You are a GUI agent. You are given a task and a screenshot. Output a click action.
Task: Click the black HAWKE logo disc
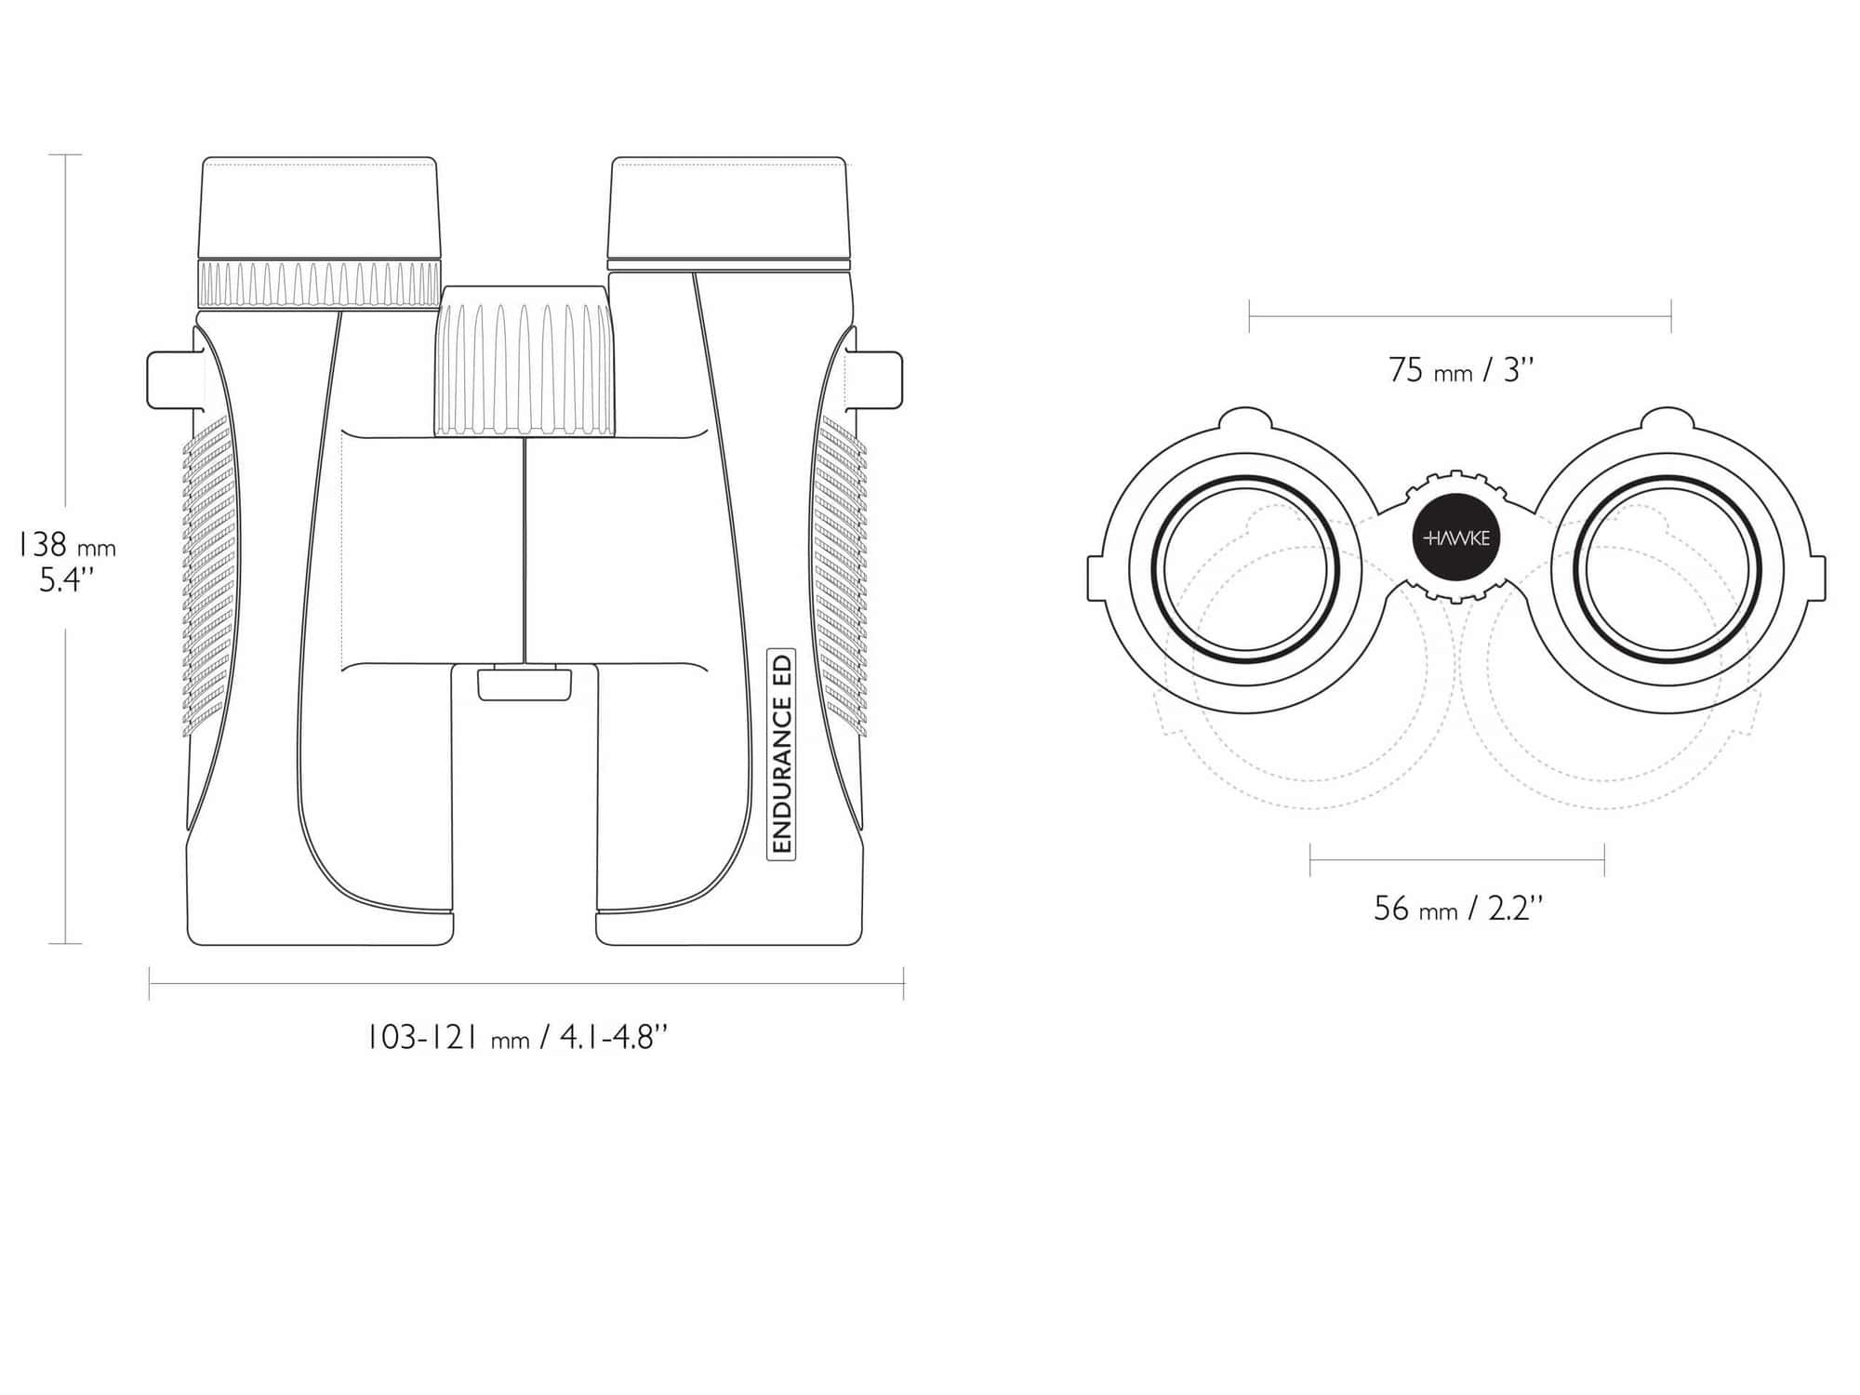tap(1457, 538)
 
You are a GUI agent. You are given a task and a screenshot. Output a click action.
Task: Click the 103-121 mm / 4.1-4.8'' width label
tap(517, 1036)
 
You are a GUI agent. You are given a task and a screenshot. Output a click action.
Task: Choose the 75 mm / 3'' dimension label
tap(1461, 370)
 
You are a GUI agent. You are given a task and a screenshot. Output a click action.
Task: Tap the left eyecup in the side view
tap(319, 208)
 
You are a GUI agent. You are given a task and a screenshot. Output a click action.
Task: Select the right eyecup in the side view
tap(728, 208)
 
